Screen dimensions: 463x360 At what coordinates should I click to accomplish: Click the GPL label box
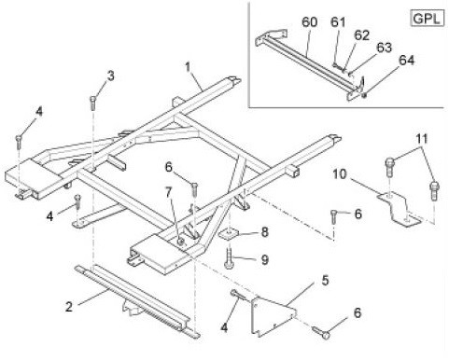click(x=427, y=19)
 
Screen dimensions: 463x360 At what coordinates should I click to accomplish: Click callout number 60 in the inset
click(x=309, y=22)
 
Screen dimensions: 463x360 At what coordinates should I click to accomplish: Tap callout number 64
click(x=406, y=60)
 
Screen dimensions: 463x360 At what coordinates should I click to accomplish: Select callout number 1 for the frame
click(x=188, y=67)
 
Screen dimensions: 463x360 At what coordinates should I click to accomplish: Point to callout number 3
click(x=111, y=76)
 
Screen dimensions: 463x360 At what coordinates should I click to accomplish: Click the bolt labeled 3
click(x=92, y=103)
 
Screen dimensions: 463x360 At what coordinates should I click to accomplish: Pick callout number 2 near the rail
click(x=69, y=307)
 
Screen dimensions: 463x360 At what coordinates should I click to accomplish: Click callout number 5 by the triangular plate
click(x=325, y=281)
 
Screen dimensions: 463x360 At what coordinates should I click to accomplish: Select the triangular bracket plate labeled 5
click(x=272, y=316)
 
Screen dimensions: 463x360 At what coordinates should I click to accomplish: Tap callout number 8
click(x=264, y=232)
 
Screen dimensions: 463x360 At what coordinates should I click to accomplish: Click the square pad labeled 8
click(x=230, y=234)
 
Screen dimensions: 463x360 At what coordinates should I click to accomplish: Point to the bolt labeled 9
click(x=229, y=257)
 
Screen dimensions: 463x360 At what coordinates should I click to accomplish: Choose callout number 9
click(x=264, y=259)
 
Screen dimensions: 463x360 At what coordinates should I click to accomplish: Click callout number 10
click(x=340, y=174)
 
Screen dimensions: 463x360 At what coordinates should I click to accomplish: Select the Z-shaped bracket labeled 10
click(x=400, y=209)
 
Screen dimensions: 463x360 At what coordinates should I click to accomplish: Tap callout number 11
click(x=422, y=139)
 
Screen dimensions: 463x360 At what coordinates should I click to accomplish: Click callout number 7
click(x=168, y=193)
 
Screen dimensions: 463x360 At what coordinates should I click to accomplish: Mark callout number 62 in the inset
click(x=361, y=35)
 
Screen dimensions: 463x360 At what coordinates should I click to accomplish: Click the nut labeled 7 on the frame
click(x=180, y=241)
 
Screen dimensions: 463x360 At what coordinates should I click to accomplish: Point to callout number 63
click(x=384, y=48)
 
